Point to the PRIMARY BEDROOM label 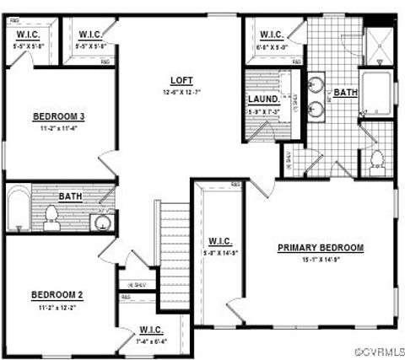(x=321, y=248)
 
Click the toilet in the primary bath (x=376, y=158)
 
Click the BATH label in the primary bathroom (x=345, y=93)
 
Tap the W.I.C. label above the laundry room (x=271, y=35)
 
